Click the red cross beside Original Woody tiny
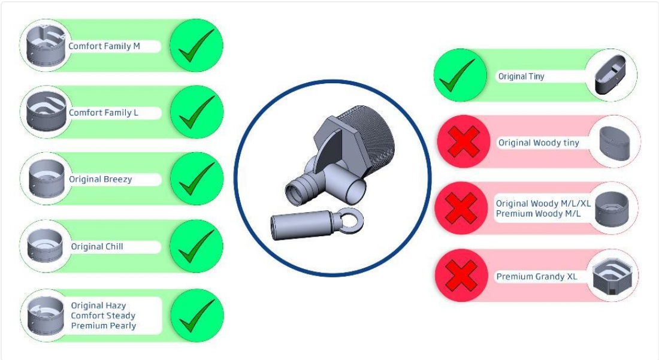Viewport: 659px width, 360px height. click(x=464, y=141)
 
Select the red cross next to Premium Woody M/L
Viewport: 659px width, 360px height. click(x=461, y=208)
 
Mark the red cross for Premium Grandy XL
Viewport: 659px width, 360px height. click(x=461, y=276)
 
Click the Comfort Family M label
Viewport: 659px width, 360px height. click(x=104, y=46)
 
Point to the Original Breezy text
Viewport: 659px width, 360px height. click(x=101, y=179)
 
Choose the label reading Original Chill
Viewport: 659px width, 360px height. click(x=97, y=247)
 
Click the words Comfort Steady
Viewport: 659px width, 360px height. click(x=103, y=316)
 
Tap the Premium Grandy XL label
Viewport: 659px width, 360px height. click(x=537, y=276)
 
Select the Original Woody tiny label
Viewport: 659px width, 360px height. click(x=539, y=143)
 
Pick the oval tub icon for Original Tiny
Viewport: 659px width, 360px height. click(x=610, y=74)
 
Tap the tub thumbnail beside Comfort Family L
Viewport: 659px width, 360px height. click(x=46, y=111)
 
